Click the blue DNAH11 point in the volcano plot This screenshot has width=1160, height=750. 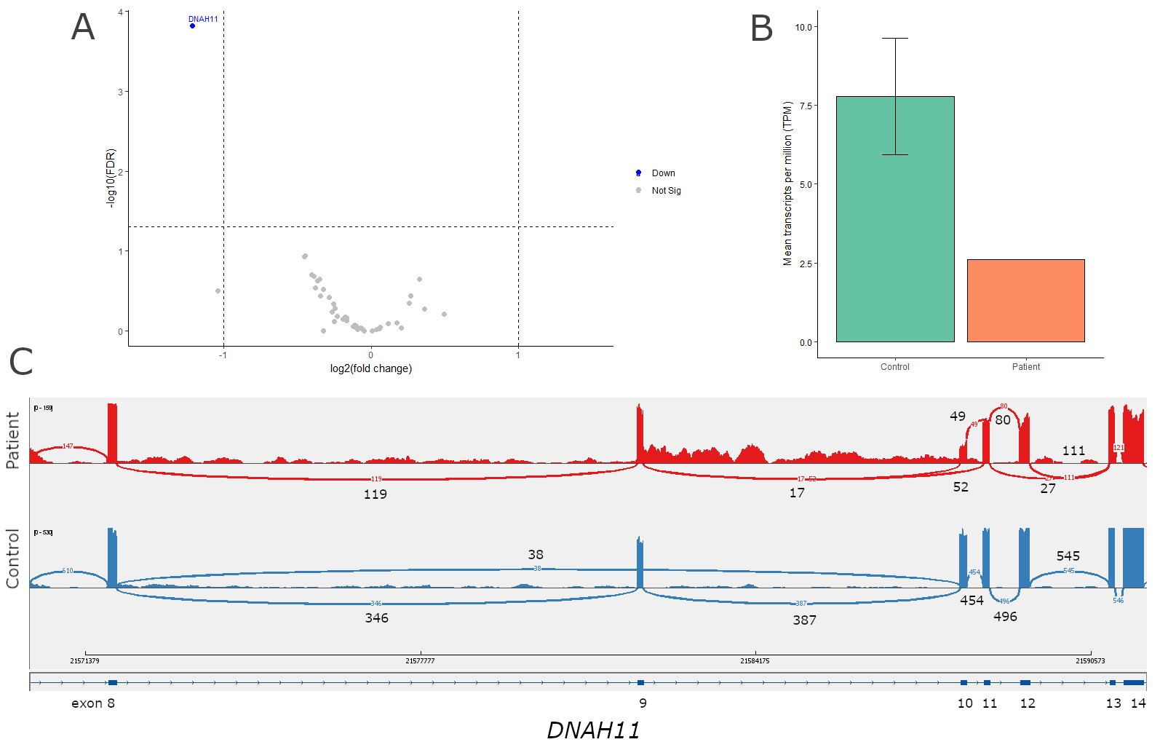192,26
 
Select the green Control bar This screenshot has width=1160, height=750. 895,218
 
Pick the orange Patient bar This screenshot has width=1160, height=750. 1025,300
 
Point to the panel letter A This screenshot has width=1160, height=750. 83,28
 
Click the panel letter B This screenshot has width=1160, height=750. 761,29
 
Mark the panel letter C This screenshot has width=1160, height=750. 21,361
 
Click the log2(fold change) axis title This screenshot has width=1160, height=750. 371,368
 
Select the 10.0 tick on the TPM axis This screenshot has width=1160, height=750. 803,27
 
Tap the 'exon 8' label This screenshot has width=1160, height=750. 93,703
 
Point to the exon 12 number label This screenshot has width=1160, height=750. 1028,703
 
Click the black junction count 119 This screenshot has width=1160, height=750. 376,494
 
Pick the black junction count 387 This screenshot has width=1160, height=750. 804,620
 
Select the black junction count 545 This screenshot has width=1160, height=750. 1068,556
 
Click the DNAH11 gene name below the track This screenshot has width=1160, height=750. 593,730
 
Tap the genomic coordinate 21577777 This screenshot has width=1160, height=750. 420,661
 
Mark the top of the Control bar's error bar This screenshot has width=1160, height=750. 895,38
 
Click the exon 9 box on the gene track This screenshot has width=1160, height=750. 640,682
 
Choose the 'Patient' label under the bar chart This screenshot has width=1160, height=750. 1025,367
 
